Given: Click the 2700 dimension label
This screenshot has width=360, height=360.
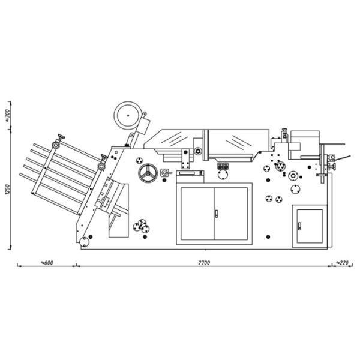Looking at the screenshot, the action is click(204, 263).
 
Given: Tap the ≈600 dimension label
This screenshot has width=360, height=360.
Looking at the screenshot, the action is click(47, 263).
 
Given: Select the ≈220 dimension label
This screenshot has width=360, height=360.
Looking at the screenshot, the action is click(342, 263).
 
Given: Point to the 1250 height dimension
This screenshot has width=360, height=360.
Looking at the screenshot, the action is click(7, 190).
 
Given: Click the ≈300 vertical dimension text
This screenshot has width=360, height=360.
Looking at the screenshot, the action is click(7, 115).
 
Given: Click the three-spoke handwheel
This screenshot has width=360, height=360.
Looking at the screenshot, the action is click(148, 173).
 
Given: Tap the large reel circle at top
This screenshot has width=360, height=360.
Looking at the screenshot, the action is click(128, 115).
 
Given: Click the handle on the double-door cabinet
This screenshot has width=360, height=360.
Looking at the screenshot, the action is click(216, 214).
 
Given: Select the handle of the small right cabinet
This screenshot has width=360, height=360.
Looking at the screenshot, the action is click(299, 226).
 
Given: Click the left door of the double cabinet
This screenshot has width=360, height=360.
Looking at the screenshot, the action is click(197, 214).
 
